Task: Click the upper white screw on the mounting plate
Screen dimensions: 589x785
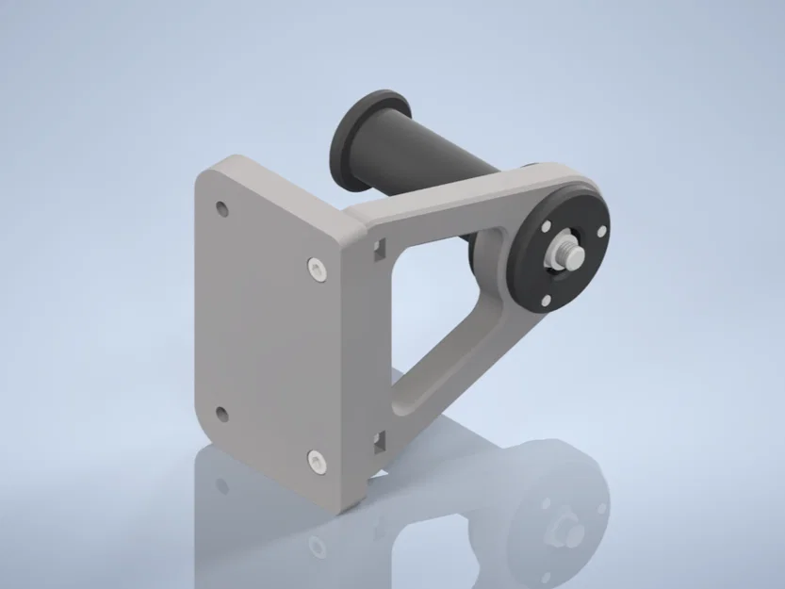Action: [317, 270]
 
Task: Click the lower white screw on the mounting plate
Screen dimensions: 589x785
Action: [316, 461]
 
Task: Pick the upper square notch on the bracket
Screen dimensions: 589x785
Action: [379, 249]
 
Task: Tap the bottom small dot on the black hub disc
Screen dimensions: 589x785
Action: [546, 301]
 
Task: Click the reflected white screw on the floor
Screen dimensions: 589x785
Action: [317, 547]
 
